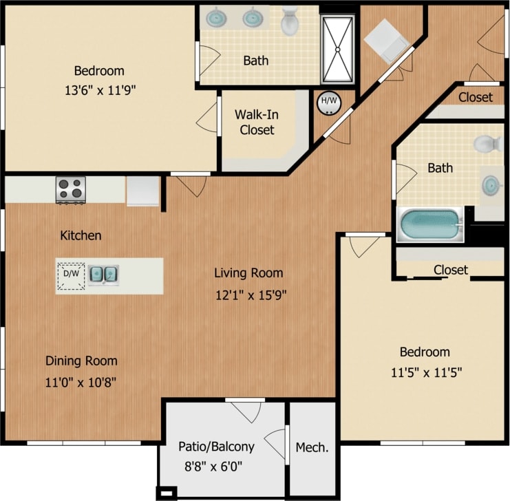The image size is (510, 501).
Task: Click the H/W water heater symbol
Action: coord(329,102)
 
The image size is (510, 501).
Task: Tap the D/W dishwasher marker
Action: coord(71,274)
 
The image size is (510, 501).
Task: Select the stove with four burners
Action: coord(70,189)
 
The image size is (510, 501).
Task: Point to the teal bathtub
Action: coord(430,225)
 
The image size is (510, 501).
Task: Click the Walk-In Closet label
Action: coord(257,122)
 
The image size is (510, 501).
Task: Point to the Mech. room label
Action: coord(312,447)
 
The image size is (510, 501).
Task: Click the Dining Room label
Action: coord(81,361)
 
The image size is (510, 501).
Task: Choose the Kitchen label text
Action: coord(81,235)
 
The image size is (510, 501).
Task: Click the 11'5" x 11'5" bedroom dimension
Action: coord(425,372)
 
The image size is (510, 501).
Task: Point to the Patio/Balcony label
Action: coord(216,446)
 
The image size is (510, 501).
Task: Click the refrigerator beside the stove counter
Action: coord(142,191)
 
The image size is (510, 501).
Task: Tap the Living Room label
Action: coord(248,273)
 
